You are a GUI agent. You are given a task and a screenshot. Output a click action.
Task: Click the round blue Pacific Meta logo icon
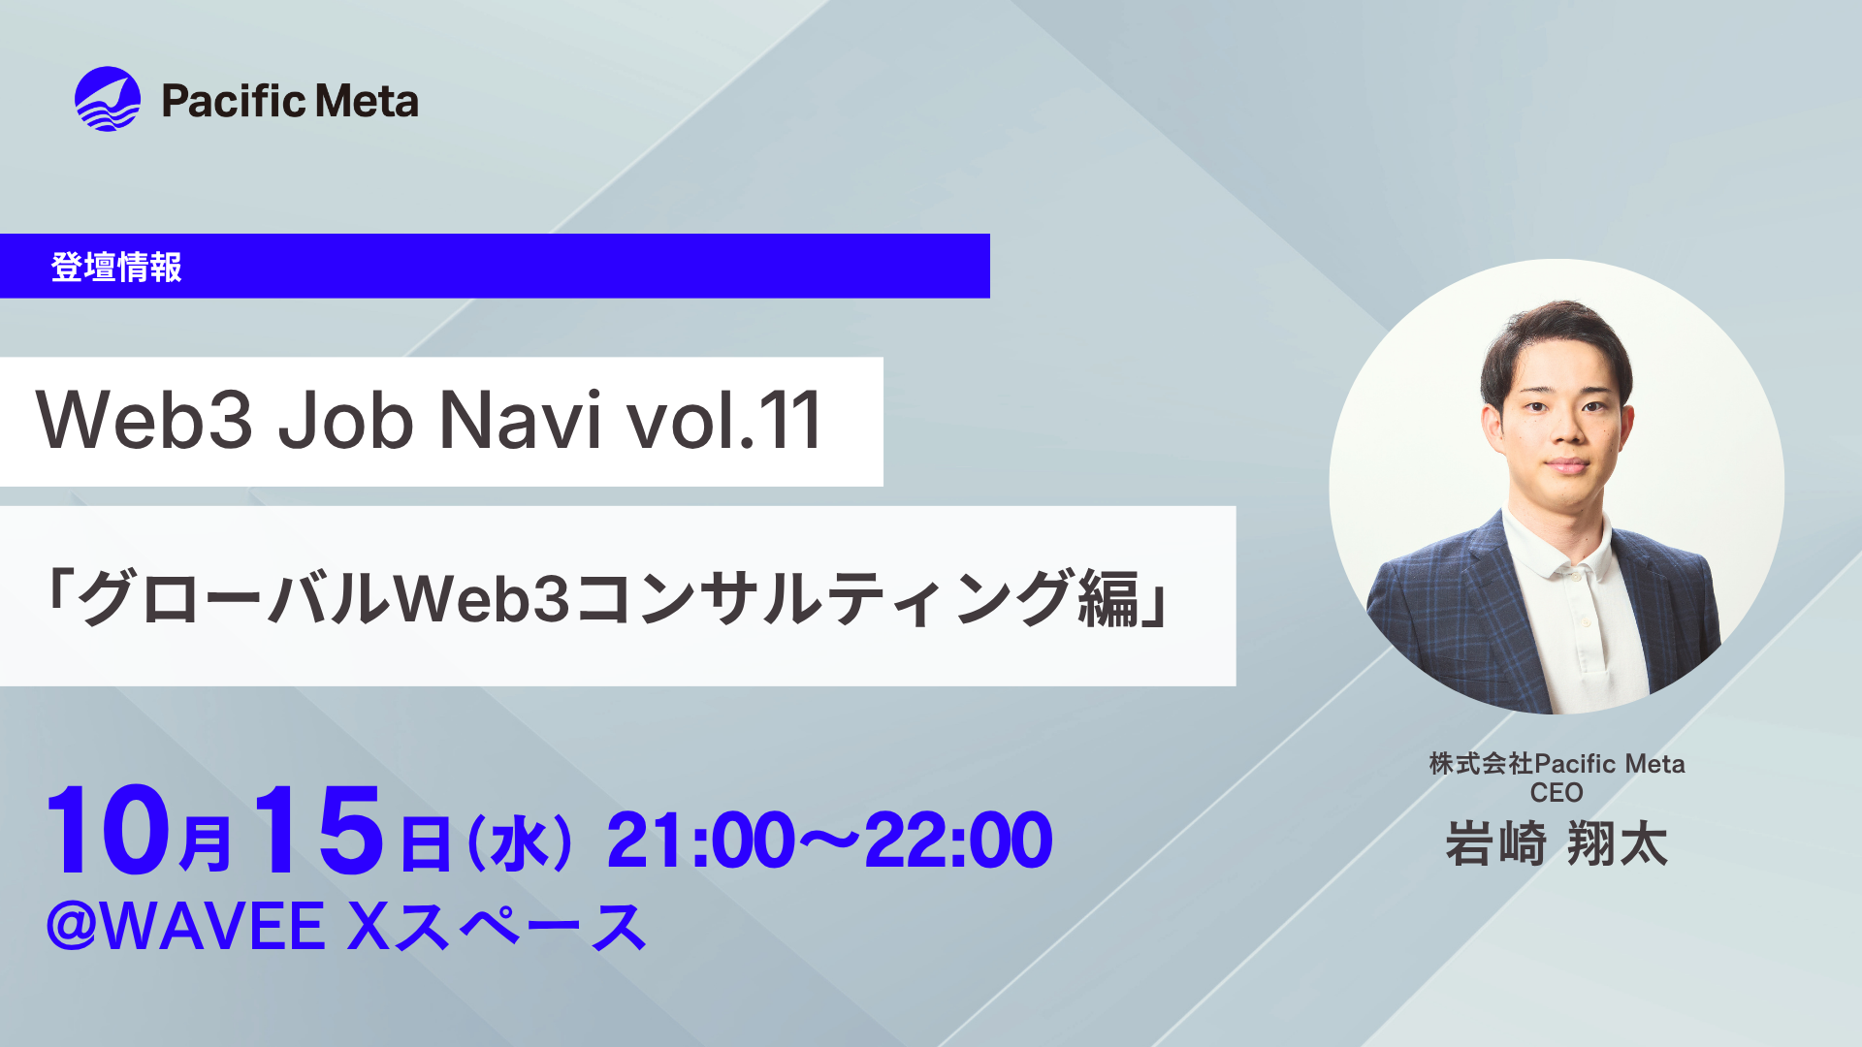coord(108,99)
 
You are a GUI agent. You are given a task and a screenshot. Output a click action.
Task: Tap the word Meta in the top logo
coord(367,101)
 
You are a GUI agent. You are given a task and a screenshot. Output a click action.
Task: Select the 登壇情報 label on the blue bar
coord(116,267)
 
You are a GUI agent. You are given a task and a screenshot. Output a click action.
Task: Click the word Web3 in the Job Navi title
coord(144,421)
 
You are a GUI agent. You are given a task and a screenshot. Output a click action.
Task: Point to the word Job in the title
coord(346,421)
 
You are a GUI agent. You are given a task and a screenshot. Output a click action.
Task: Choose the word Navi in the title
coord(521,421)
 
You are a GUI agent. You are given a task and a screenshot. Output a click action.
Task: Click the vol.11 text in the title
coord(724,421)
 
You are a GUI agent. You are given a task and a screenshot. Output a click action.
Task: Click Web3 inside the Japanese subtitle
coord(482,598)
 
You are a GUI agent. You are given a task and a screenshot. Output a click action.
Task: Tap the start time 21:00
coord(701,841)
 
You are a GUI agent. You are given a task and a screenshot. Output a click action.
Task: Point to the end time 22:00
coord(958,841)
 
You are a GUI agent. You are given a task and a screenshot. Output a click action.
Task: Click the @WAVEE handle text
coord(185,926)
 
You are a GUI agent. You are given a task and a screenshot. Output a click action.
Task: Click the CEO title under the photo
coord(1557,793)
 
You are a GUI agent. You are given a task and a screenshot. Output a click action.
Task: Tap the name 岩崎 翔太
coord(1557,843)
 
